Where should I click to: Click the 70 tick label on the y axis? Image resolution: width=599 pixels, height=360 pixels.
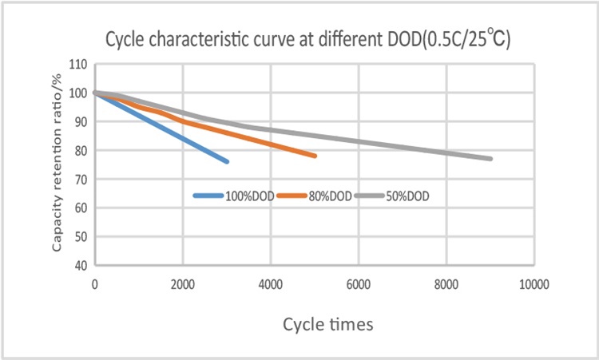(x=81, y=179)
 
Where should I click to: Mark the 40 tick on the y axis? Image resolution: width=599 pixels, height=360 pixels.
(x=81, y=265)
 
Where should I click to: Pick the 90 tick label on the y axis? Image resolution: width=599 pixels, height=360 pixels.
(x=81, y=121)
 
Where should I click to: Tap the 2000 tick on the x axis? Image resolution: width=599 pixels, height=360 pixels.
(x=183, y=283)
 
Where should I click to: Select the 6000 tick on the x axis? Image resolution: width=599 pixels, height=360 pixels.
(x=359, y=283)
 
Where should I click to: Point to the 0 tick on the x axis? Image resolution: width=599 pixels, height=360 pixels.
(x=95, y=283)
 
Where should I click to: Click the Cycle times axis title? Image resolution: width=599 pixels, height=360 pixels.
(x=327, y=325)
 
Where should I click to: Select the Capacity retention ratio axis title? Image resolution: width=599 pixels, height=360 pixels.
(x=58, y=164)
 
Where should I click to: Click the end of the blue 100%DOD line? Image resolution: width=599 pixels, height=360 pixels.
(x=227, y=161)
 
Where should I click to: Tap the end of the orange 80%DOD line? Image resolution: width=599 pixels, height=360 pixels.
(x=315, y=156)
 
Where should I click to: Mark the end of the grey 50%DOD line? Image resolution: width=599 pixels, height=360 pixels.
(x=490, y=159)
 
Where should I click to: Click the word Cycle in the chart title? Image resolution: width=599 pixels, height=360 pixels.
(x=126, y=41)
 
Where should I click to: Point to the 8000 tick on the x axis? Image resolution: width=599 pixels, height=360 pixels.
(x=446, y=283)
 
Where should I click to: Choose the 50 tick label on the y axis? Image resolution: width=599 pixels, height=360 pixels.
(x=81, y=236)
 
